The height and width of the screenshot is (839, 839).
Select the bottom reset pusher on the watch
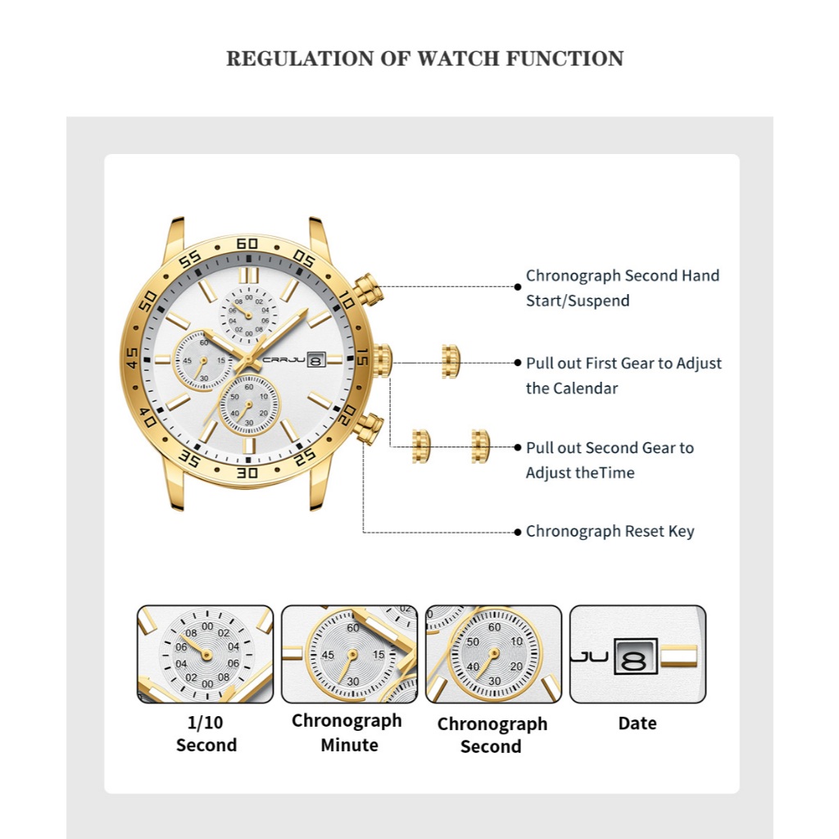[370, 428]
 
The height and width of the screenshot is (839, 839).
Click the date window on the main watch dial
[316, 358]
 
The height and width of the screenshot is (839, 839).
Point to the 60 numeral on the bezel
[247, 243]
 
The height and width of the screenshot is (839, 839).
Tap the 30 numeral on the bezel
[247, 472]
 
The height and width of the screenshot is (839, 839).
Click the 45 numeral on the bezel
[131, 358]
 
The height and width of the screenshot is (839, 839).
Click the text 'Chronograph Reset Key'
[610, 531]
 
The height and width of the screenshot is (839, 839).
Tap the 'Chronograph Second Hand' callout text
[623, 275]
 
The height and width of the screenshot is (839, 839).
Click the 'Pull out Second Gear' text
[610, 447]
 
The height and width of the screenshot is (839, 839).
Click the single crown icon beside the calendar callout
[451, 361]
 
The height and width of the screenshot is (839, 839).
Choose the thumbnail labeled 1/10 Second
[205, 654]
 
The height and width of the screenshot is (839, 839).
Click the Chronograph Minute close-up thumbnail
[349, 654]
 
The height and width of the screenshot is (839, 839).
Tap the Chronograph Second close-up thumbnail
[493, 654]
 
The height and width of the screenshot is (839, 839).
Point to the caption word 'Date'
[637, 723]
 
